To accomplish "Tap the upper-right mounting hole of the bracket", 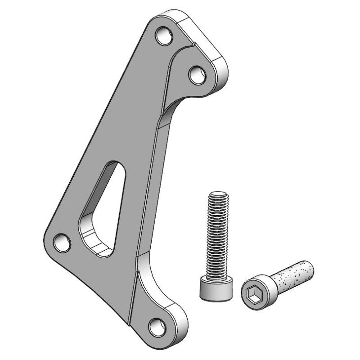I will coord(197,74).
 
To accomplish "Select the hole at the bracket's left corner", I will coord(62,242).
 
